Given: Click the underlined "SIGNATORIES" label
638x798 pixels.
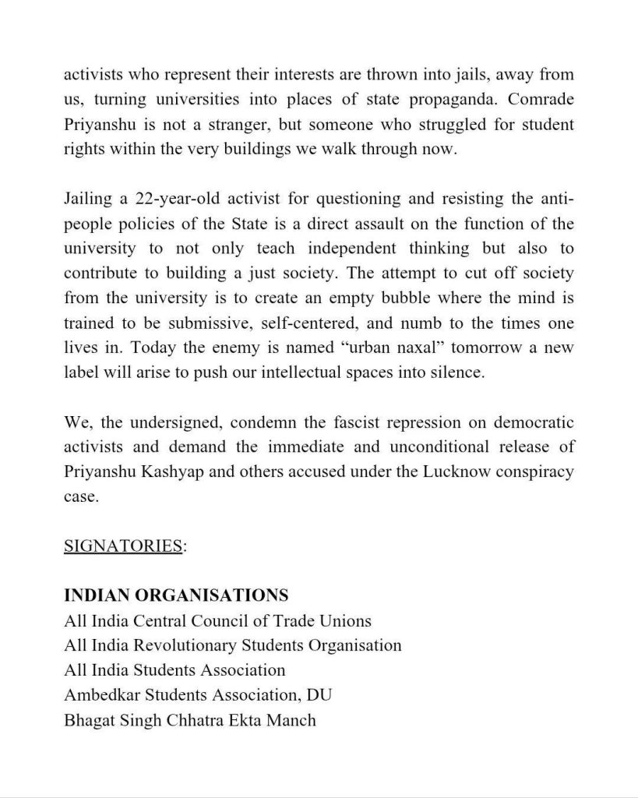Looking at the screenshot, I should pos(123,546).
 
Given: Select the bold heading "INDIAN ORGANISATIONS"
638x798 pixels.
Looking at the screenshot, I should pos(176,596).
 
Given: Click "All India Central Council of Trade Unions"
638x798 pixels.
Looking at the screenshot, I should pos(218,621).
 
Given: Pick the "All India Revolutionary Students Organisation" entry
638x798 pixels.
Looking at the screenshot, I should pos(233,645).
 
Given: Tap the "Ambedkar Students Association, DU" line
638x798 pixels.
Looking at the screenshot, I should pos(199,694).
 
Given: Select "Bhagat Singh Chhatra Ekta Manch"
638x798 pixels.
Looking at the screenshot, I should pos(190,719).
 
